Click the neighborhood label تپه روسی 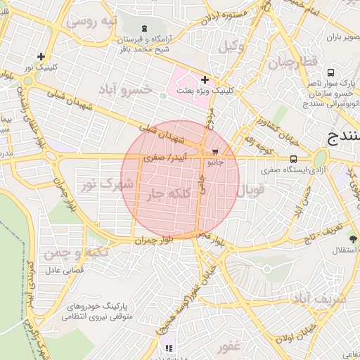pyautogui.click(x=90, y=22)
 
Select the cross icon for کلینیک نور pyautogui.click(x=41, y=56)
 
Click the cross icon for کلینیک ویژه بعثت pyautogui.click(x=205, y=80)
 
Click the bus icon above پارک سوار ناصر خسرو pyautogui.click(x=330, y=72)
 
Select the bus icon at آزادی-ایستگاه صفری pyautogui.click(x=293, y=159)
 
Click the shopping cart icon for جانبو pyautogui.click(x=215, y=151)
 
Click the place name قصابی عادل pyautogui.click(x=65, y=269)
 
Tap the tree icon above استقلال pyautogui.click(x=352, y=239)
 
